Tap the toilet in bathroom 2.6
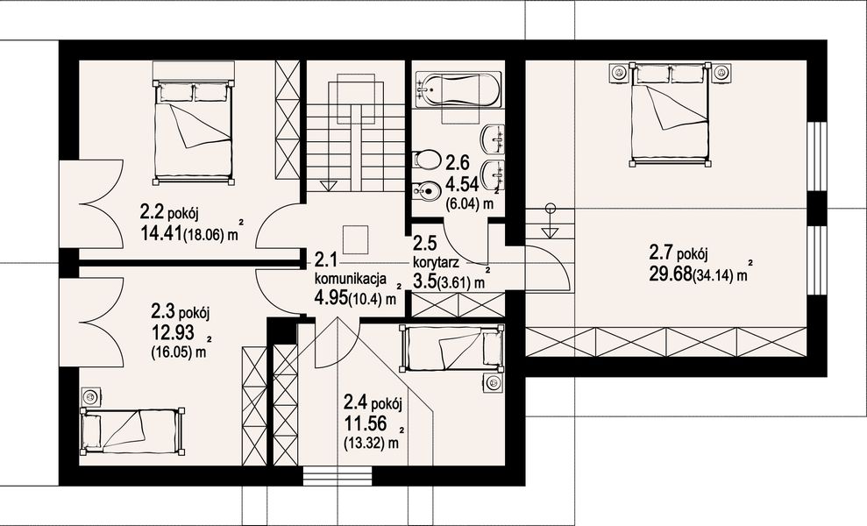[424, 160]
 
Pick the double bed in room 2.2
[193, 131]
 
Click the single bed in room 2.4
[451, 347]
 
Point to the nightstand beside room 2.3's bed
[89, 396]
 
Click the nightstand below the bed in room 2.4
[493, 382]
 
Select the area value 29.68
[670, 274]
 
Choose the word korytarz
[436, 260]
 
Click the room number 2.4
[356, 402]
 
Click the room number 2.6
[458, 162]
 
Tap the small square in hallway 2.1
[355, 239]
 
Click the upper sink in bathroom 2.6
[494, 139]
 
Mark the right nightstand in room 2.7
[721, 72]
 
